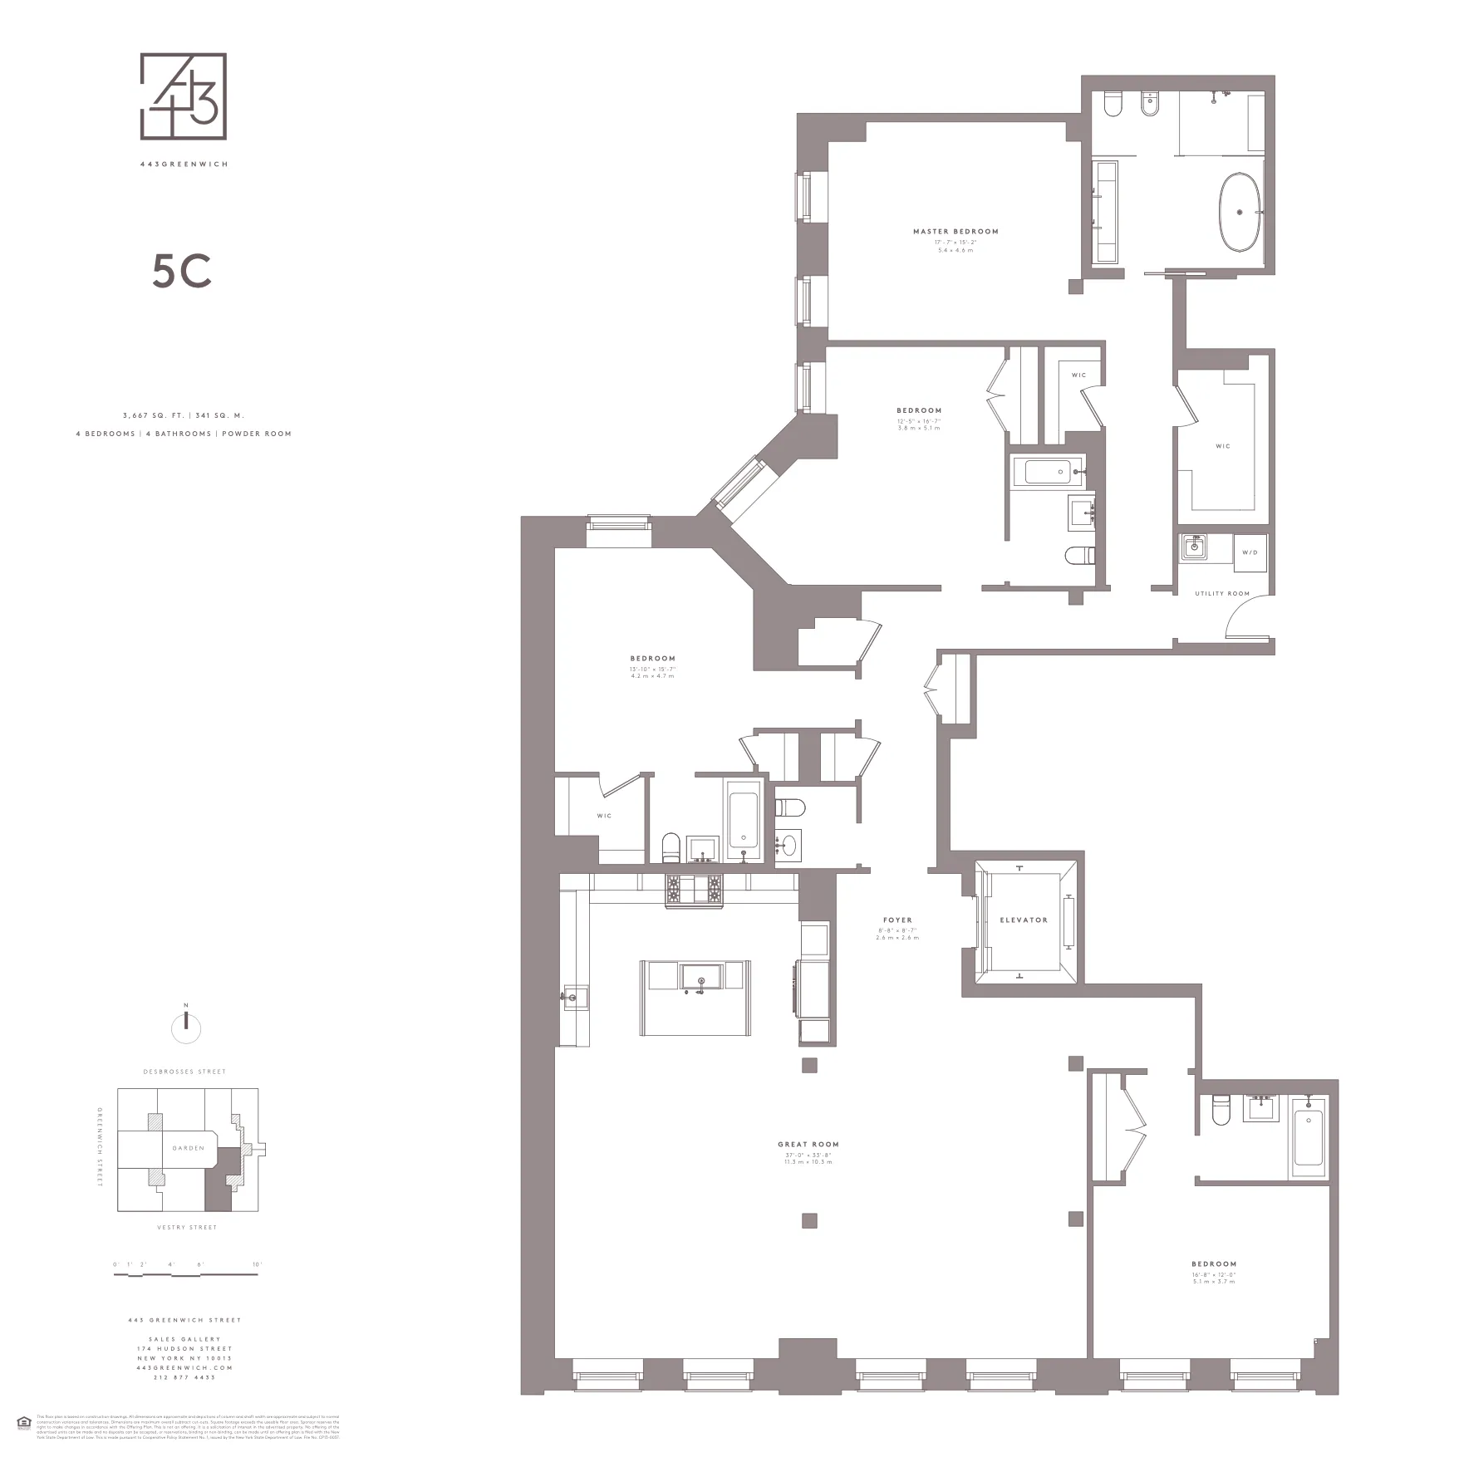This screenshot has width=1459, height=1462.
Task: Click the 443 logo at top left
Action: [184, 96]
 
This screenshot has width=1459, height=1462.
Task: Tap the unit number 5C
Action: [182, 271]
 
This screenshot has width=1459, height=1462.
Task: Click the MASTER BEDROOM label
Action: [955, 232]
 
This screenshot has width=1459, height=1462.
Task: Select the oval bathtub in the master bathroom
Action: [1240, 212]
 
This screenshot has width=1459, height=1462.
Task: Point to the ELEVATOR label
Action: [1024, 920]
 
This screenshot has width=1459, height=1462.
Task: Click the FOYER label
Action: [897, 920]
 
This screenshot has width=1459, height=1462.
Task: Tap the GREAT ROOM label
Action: [808, 1145]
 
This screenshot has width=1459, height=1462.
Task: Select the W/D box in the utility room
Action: [1250, 553]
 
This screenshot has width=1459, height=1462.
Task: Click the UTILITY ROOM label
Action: [1222, 594]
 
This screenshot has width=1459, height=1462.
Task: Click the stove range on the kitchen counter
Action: [694, 890]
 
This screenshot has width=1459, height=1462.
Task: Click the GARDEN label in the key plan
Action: [189, 1148]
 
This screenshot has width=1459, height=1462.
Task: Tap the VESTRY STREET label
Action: [187, 1227]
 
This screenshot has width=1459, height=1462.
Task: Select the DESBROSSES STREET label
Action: [184, 1072]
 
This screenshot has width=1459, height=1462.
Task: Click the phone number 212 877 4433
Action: [184, 1377]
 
